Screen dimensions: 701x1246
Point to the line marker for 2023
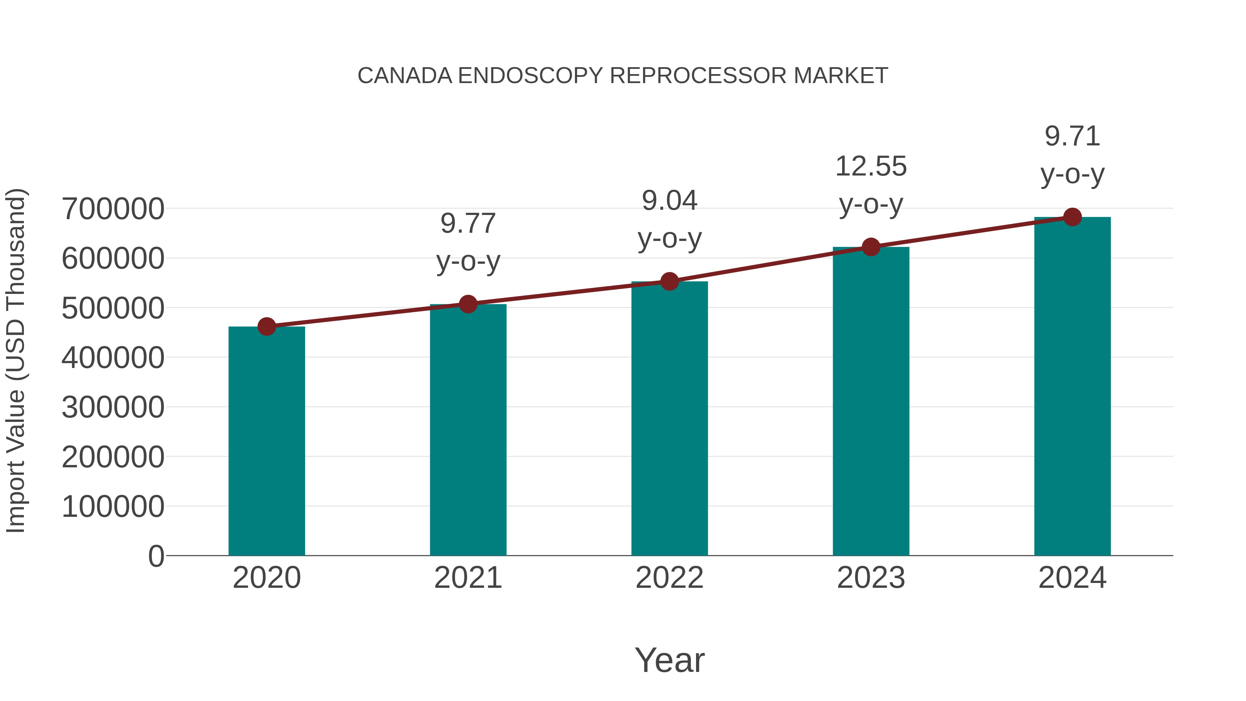(871, 247)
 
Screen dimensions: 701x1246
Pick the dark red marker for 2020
(267, 327)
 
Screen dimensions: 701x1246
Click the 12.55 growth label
(871, 167)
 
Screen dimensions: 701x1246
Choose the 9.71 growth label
(1072, 136)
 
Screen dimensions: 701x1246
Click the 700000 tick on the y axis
(113, 209)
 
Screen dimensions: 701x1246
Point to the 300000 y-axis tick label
(113, 407)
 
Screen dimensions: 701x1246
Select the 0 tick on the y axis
(156, 556)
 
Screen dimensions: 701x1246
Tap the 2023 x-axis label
(871, 578)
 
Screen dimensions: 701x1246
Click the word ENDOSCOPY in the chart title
(531, 76)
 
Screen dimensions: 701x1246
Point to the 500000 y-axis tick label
(113, 308)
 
